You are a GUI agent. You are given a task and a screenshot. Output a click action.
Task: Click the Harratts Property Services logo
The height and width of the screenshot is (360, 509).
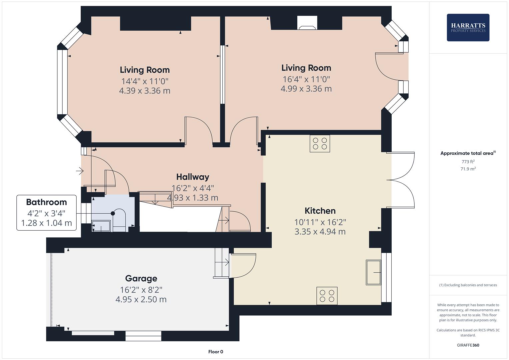468,27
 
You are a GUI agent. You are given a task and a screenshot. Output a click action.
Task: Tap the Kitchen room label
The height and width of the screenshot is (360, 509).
320,211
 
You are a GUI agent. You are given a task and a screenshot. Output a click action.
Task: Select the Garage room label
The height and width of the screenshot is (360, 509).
141,278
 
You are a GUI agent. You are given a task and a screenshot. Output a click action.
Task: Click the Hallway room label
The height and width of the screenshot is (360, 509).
193,177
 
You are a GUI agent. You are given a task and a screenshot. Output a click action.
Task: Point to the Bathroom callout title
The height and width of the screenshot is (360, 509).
46,202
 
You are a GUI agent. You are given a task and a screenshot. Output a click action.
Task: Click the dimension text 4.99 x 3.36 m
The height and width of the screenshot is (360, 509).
306,89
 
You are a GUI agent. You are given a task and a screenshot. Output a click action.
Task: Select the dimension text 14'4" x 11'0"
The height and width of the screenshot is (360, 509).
145,81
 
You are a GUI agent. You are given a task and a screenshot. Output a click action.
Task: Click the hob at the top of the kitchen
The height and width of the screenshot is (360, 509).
320,143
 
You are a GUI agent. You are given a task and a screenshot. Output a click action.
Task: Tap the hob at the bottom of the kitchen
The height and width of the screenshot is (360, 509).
327,296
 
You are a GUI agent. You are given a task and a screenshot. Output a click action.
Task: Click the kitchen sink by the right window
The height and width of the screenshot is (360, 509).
373,272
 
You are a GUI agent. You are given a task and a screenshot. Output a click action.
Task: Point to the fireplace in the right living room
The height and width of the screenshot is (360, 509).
307,23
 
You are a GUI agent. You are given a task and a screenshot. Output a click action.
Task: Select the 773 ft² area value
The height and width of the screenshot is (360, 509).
468,162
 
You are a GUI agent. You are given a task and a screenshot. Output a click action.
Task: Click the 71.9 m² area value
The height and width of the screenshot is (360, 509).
468,169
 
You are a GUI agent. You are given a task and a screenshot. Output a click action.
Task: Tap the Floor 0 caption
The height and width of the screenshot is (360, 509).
215,352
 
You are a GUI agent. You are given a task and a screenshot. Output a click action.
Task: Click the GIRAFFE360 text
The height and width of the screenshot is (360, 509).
468,345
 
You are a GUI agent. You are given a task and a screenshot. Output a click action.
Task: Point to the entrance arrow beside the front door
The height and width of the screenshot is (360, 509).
80,171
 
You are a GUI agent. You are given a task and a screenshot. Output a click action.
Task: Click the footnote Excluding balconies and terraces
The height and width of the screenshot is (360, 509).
468,285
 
